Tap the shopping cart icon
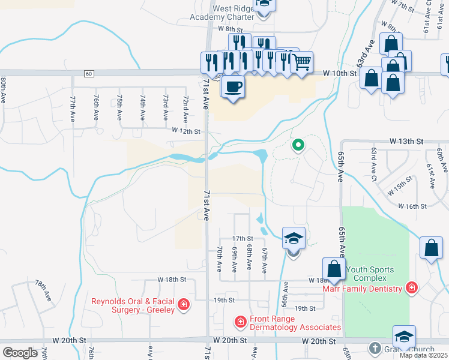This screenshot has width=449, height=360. click(301, 62)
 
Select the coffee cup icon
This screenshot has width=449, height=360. click(233, 86)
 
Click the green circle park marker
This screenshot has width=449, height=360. click(297, 145)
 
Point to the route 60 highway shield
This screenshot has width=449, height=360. click(88, 74)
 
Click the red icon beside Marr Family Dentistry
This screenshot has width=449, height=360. click(411, 289)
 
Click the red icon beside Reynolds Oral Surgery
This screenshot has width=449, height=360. click(184, 305)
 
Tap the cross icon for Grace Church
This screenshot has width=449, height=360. click(374, 348)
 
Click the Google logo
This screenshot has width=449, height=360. click(20, 352)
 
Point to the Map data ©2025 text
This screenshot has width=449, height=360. click(424, 355)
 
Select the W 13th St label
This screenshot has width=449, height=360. click(406, 140)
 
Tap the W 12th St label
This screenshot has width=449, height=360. click(185, 130)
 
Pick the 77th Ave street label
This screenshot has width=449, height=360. click(73, 106)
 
